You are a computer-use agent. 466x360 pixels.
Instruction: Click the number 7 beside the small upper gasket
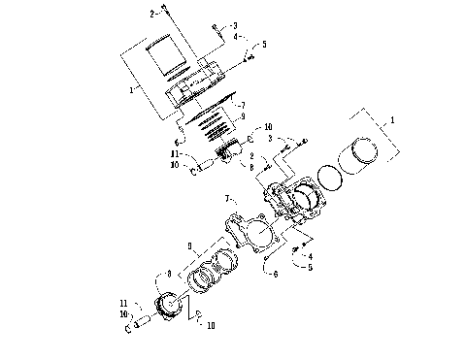pyautogui.click(x=243, y=104)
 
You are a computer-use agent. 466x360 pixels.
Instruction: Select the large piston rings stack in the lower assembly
pyautogui.click(x=215, y=271)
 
